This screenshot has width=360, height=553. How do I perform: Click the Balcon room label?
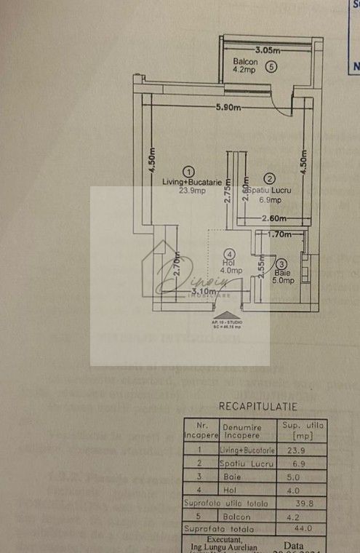(245, 61)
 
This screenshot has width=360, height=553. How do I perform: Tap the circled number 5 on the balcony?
(271, 67)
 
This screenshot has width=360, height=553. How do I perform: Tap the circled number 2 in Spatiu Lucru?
(268, 178)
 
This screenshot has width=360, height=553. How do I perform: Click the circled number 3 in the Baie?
(281, 264)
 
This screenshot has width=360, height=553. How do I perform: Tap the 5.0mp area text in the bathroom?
(283, 280)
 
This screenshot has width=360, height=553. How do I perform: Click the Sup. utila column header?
(302, 431)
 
